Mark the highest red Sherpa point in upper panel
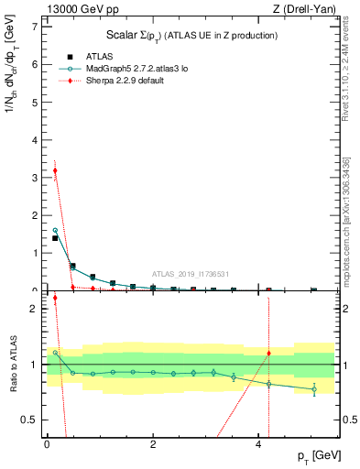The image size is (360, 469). click(55, 170)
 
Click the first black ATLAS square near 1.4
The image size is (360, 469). click(55, 238)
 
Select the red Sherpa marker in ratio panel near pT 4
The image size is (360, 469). click(268, 353)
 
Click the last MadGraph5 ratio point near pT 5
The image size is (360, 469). click(314, 389)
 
